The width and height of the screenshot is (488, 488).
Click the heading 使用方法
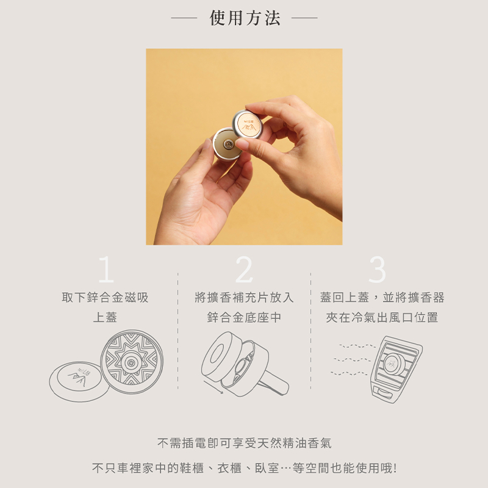[x=245, y=18]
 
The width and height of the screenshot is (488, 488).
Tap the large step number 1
[x=106, y=269]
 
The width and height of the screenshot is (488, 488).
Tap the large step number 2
[x=245, y=269]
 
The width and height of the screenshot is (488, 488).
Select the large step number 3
[x=377, y=269]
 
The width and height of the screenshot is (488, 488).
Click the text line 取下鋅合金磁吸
[x=105, y=298]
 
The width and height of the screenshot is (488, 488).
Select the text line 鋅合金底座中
[x=245, y=317]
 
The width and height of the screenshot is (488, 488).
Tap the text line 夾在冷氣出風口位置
[x=382, y=317]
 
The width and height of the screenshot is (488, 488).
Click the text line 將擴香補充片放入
[x=245, y=298]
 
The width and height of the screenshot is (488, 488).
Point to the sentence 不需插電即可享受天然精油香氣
[x=245, y=443]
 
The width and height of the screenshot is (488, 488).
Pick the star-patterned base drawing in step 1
[x=132, y=362]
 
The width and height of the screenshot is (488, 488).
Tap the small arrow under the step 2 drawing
[x=213, y=387]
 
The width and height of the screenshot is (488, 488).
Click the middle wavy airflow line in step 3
[x=352, y=359]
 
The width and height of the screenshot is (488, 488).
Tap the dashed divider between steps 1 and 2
[x=178, y=331]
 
